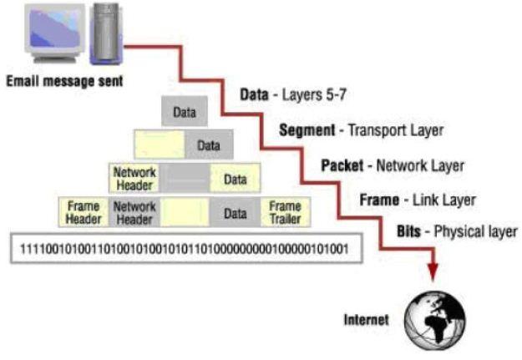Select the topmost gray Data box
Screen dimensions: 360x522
pyautogui.click(x=184, y=111)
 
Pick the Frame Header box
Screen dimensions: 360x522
pyautogui.click(x=82, y=212)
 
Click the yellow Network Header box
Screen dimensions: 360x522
pyautogui.click(x=134, y=177)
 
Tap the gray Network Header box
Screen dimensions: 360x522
pyautogui.click(x=134, y=212)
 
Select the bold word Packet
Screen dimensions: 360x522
pyautogui.click(x=342, y=165)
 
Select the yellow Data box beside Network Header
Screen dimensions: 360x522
pyautogui.click(x=236, y=177)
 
